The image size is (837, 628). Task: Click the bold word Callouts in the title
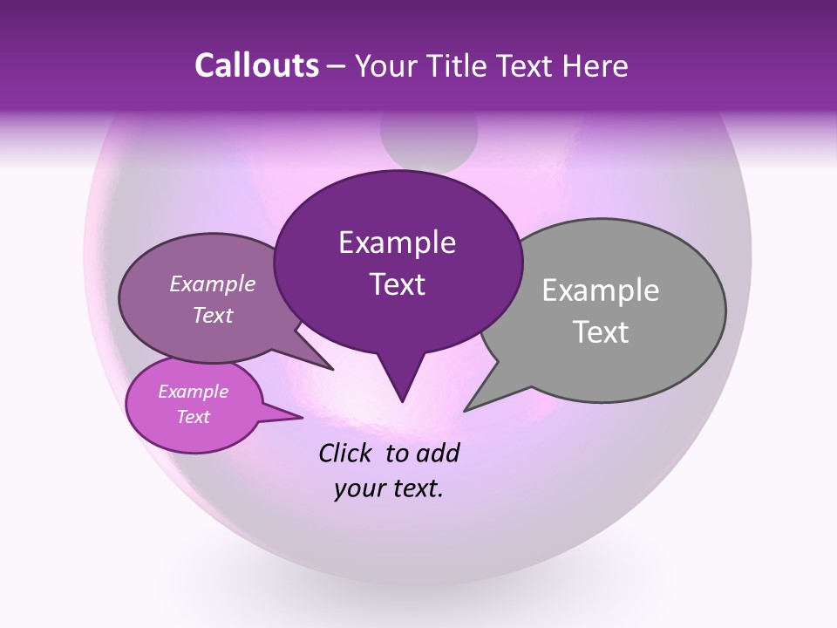pyautogui.click(x=257, y=66)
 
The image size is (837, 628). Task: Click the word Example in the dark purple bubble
pyautogui.click(x=397, y=242)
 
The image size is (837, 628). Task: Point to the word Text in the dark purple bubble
pyautogui.click(x=397, y=284)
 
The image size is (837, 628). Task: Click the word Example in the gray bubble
pyautogui.click(x=600, y=290)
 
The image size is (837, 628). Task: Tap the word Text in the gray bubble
pyautogui.click(x=600, y=332)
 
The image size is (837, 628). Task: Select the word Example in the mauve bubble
pyautogui.click(x=213, y=283)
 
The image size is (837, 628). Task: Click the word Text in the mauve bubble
pyautogui.click(x=213, y=315)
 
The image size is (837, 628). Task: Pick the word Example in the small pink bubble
pyautogui.click(x=194, y=392)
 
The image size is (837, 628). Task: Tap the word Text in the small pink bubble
pyautogui.click(x=194, y=417)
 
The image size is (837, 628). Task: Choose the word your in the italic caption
pyautogui.click(x=357, y=488)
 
